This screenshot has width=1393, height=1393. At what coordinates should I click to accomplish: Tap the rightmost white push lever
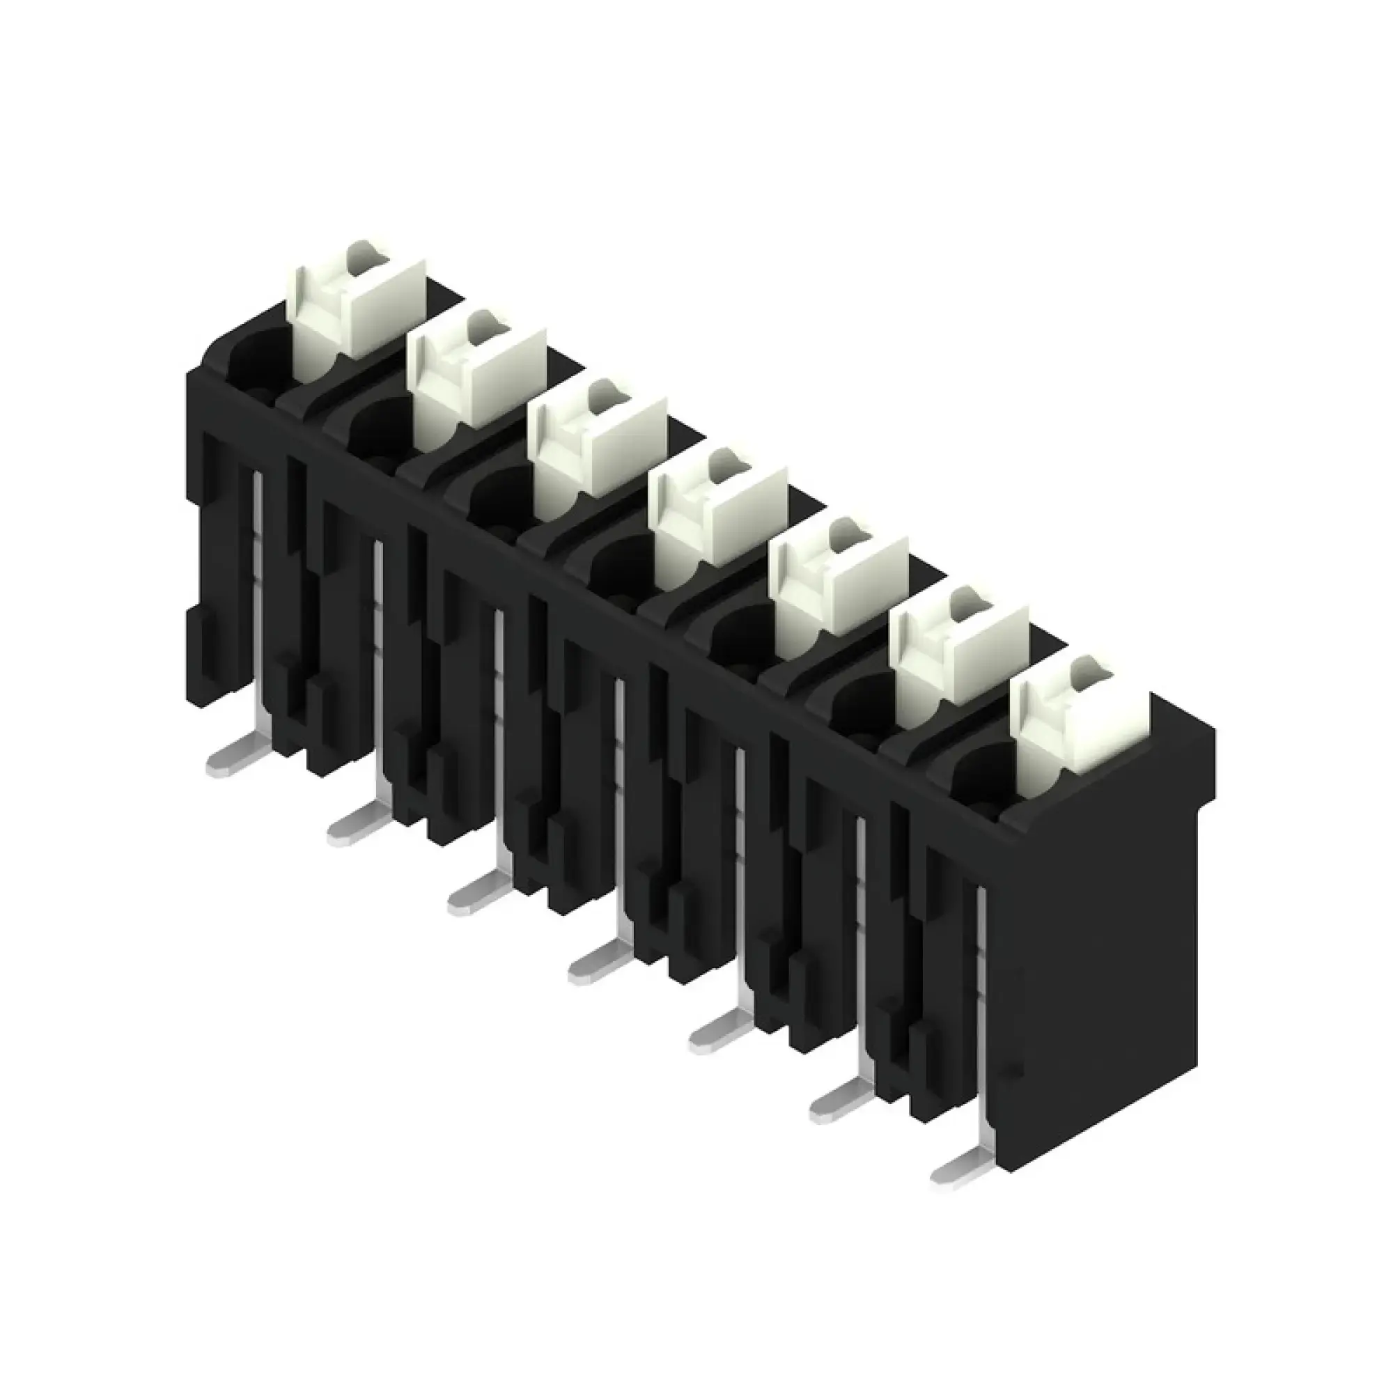(x=1074, y=721)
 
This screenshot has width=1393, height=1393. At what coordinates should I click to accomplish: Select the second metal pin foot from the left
(x=350, y=829)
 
